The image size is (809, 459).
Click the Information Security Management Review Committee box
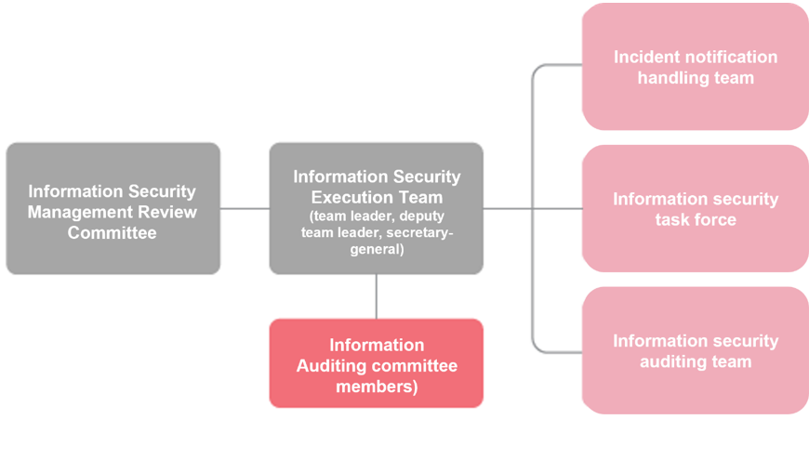point(113,208)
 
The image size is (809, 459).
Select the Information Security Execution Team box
point(376,208)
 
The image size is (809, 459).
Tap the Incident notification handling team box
point(696,67)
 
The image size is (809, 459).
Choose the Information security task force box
point(696,208)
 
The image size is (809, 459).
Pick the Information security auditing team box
point(696,350)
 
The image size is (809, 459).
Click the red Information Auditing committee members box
point(376,363)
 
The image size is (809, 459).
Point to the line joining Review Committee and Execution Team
point(245,209)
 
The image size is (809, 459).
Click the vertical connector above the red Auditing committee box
point(376,296)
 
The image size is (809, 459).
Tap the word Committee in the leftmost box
point(112,232)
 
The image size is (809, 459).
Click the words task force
point(696,219)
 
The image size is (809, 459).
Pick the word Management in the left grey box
point(68,212)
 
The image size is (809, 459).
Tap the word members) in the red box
point(377,387)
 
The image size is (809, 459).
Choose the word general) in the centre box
point(377,250)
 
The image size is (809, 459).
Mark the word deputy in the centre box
point(421,216)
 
